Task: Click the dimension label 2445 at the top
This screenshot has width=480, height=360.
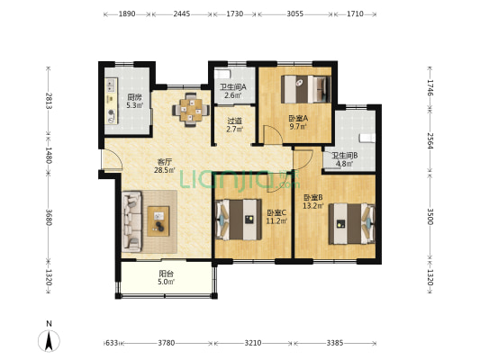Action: point(182,14)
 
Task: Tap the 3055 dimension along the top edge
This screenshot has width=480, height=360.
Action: point(295,14)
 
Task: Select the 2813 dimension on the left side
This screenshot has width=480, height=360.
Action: point(49,100)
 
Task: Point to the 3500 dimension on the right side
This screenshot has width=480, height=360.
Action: point(430,217)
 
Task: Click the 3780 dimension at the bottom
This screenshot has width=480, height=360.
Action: point(167,343)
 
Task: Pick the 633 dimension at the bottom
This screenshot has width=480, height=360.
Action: point(112,343)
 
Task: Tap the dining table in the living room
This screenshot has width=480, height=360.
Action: point(191,110)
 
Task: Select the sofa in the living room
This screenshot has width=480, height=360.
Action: point(132,221)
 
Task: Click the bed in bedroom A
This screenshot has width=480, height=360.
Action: point(306,89)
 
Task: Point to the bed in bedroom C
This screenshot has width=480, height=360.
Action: point(239,220)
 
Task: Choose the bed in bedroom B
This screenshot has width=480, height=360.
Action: point(352,223)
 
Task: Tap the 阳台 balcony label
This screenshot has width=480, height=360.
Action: point(167,274)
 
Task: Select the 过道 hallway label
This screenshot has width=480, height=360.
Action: point(234,121)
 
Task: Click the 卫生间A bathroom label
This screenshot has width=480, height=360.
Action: point(232,87)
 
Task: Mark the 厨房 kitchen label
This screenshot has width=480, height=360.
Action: point(135,98)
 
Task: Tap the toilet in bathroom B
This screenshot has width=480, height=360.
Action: point(367,138)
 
